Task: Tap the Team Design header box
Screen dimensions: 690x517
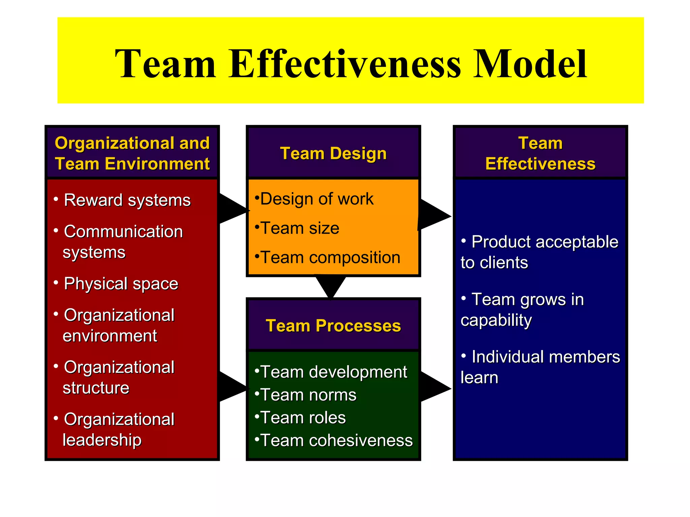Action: [x=333, y=153]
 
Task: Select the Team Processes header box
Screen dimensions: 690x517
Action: [x=333, y=325]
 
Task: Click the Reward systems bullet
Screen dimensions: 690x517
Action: [x=127, y=200]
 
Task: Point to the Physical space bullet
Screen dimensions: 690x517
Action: [x=121, y=283]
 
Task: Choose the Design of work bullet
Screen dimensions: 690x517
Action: [x=317, y=199]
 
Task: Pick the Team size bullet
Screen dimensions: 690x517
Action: [x=300, y=228]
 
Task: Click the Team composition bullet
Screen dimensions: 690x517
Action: [x=330, y=257]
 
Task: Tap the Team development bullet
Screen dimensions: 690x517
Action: [x=334, y=372]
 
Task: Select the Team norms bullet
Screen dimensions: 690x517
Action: [x=308, y=395]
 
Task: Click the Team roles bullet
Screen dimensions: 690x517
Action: [x=303, y=418]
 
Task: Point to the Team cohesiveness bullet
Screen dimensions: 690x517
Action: [x=336, y=440]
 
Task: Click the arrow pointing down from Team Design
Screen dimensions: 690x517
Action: [x=331, y=286]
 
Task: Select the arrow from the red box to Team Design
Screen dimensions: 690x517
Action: [x=232, y=209]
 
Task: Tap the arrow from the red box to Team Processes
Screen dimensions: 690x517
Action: [x=232, y=387]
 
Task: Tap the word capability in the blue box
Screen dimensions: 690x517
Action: [x=496, y=320]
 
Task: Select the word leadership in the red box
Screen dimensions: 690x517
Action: [x=102, y=440]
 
